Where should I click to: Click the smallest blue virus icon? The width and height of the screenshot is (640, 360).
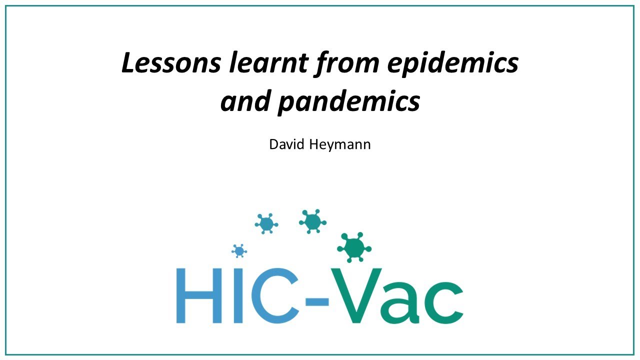tap(239, 251)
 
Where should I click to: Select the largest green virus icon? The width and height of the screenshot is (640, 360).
tap(354, 246)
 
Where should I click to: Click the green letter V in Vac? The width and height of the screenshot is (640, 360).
tap(355, 296)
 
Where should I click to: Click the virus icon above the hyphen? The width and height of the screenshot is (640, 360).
tap(313, 220)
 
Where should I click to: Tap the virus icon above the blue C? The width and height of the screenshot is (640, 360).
tap(266, 223)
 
